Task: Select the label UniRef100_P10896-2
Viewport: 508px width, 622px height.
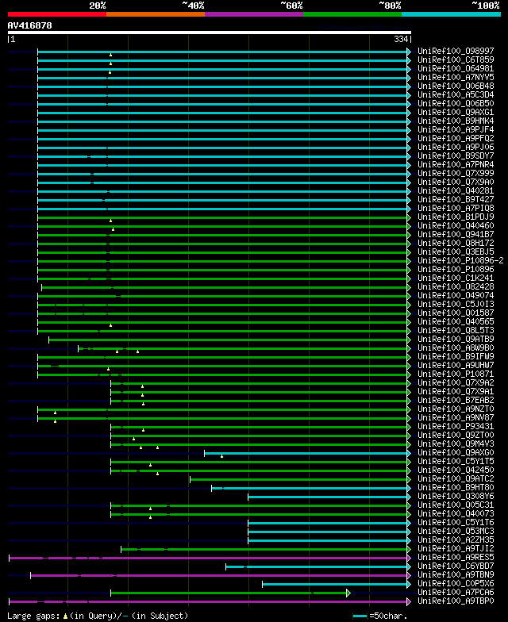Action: coord(460,260)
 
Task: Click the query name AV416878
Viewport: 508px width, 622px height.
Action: coord(30,25)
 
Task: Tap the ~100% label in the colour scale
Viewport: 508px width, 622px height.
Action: coord(485,6)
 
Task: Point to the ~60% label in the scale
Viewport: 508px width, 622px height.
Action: coord(291,6)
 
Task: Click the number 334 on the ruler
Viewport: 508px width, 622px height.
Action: coord(400,40)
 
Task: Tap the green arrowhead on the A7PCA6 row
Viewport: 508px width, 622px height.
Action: coord(348,593)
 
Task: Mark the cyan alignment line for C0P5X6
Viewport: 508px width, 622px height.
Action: coord(333,584)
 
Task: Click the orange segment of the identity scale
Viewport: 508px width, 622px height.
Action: coord(156,14)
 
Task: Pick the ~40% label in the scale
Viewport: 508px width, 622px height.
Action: coord(192,6)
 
